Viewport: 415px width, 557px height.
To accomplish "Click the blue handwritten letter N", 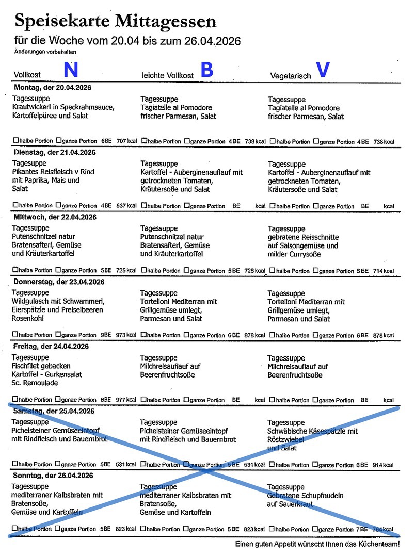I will [x=71, y=70].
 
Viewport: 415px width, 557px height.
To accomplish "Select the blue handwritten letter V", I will [x=323, y=70].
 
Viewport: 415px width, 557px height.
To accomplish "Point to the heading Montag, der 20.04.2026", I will [x=53, y=88].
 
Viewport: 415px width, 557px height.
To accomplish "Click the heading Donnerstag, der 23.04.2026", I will [x=59, y=282].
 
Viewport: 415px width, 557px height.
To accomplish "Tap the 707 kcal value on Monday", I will [x=126, y=141].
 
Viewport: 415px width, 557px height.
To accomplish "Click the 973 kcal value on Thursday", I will [x=126, y=335].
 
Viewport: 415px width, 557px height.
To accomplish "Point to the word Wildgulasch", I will [x=31, y=301].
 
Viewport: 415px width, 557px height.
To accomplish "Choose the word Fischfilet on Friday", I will [x=27, y=366].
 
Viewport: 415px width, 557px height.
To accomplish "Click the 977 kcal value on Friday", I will [x=126, y=400].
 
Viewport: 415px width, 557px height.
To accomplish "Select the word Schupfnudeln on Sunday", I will [x=322, y=496].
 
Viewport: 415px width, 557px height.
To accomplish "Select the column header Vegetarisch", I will [x=291, y=76].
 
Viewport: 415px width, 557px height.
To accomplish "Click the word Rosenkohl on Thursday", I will [x=27, y=319].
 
